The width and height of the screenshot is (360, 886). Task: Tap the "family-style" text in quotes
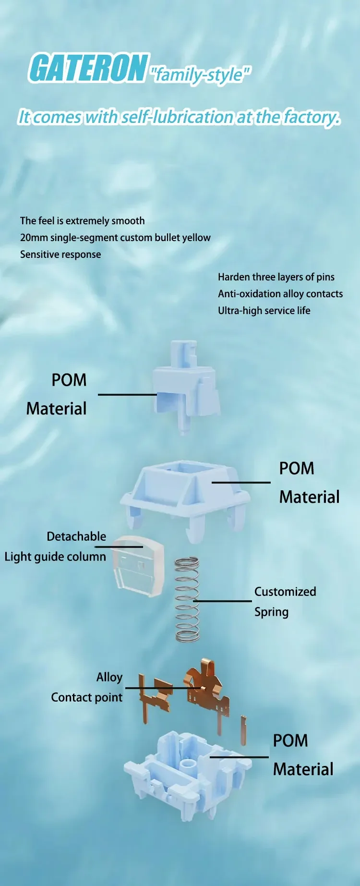tap(200, 74)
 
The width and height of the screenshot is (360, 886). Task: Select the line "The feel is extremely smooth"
tap(82, 221)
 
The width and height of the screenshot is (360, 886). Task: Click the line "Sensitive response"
tap(60, 255)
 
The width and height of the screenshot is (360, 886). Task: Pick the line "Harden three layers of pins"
tap(276, 277)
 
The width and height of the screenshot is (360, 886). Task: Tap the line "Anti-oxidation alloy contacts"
tap(280, 294)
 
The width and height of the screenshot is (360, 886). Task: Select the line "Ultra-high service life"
tap(264, 311)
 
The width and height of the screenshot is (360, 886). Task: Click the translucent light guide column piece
tap(138, 567)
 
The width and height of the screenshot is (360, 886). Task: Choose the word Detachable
tap(76, 536)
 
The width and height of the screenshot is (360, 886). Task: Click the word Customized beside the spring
tap(285, 592)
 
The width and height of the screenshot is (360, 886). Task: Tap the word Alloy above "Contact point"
tap(109, 677)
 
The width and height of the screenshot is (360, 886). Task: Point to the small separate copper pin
tap(243, 730)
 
